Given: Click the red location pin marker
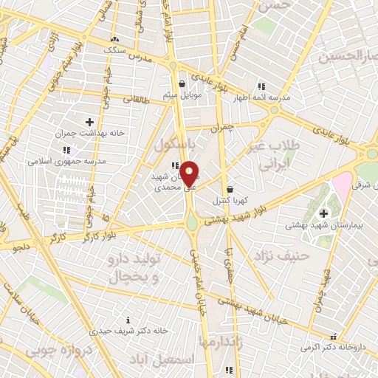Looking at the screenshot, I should pos(189,174).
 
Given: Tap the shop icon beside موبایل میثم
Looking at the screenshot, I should pos(182,84).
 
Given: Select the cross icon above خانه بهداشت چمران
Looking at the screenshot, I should pos(90,122).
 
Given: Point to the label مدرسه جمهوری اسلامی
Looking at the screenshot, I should pos(67,160).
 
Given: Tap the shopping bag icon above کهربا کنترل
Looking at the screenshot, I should pos(230,188).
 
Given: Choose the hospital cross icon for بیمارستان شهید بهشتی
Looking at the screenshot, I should pos(323,213).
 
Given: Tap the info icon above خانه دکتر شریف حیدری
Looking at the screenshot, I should pos(128,320).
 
